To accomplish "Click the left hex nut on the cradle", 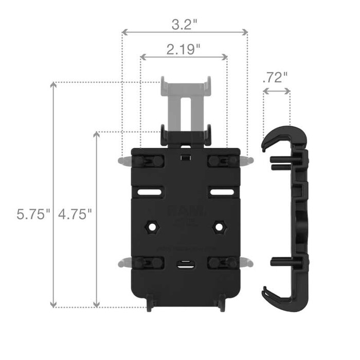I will (153, 227).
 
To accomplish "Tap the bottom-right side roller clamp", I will (226, 263).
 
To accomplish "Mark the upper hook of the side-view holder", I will (282, 136).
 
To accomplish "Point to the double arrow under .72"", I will (277, 91).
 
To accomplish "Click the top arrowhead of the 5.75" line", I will (53, 85).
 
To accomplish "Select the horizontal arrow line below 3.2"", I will (184, 32).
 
